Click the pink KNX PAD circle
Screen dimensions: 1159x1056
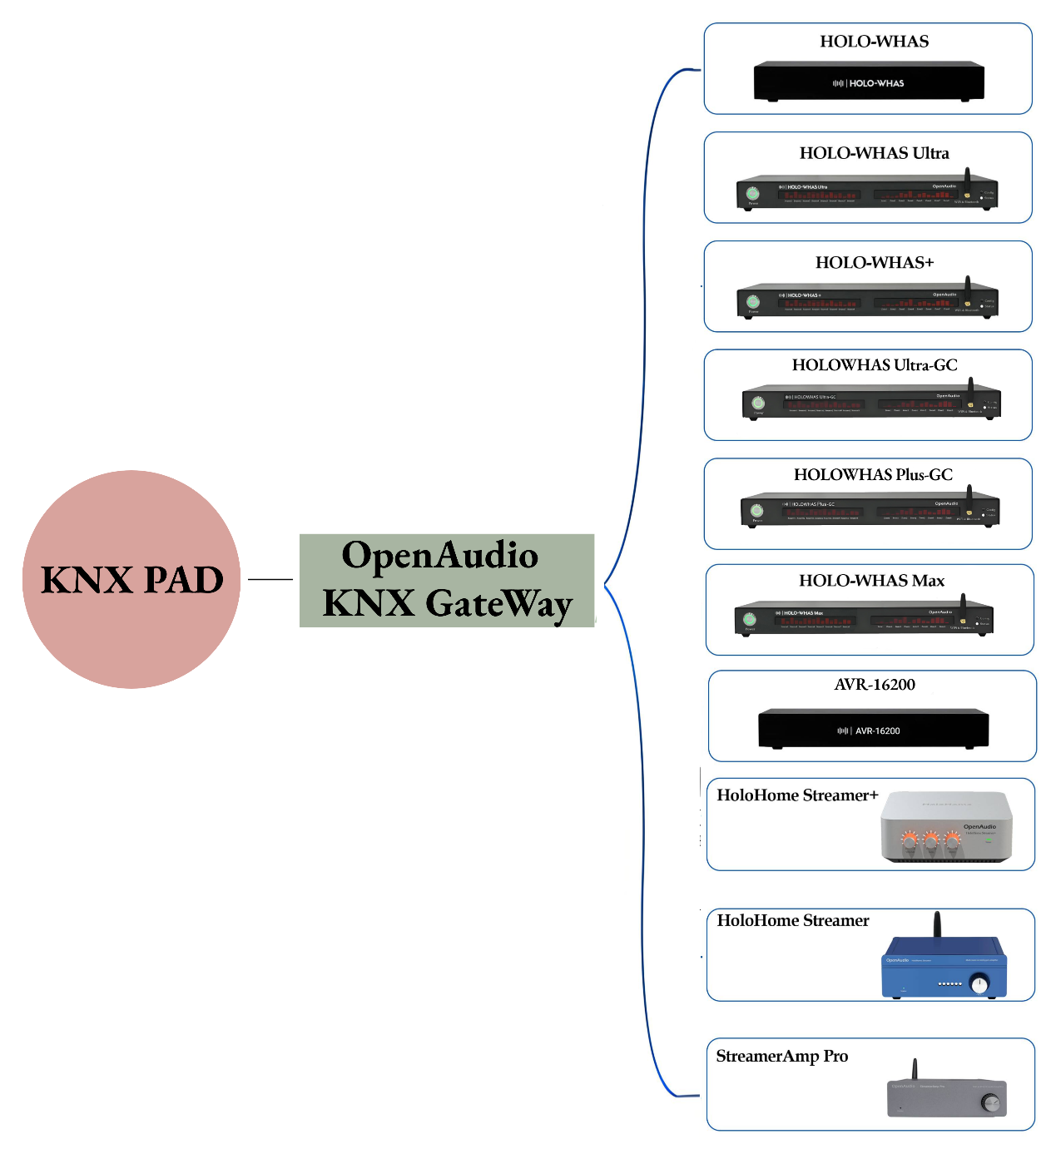click(x=131, y=579)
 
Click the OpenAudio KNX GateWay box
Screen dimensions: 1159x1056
click(x=447, y=580)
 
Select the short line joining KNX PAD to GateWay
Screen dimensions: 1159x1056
click(x=270, y=579)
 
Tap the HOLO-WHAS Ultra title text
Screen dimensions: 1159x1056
click(x=874, y=153)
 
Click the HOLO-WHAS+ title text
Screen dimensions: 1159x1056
click(x=874, y=263)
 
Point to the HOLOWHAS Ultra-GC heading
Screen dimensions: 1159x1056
click(x=874, y=365)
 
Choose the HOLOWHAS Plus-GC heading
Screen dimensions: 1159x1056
click(x=873, y=475)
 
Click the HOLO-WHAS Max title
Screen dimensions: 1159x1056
click(x=871, y=581)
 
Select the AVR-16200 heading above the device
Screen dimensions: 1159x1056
click(x=875, y=685)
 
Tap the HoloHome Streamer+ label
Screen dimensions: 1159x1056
click(x=797, y=795)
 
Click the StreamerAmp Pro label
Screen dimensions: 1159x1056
click(x=781, y=1057)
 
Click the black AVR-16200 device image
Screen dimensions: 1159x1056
click(x=873, y=729)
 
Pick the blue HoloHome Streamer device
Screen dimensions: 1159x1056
click(x=944, y=968)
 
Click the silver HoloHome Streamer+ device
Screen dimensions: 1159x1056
click(x=946, y=827)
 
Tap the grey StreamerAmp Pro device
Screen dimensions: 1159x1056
click(x=946, y=1097)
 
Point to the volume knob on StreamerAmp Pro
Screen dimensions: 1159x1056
click(x=990, y=1103)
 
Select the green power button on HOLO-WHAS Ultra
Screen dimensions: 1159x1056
click(x=752, y=194)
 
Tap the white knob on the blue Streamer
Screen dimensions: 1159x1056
click(x=980, y=985)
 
